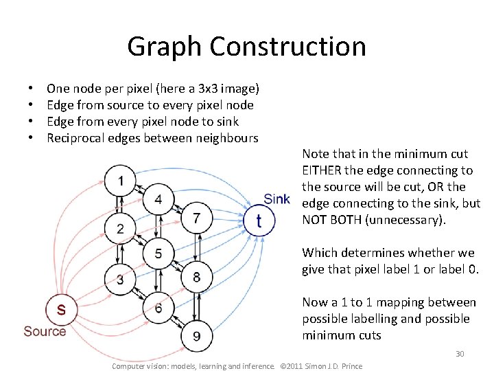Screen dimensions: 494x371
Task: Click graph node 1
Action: coord(121,181)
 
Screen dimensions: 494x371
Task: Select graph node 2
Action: coord(121,228)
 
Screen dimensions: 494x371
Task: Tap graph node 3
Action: coord(121,279)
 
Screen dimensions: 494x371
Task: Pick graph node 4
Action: coord(158,199)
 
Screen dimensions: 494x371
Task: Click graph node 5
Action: coord(158,253)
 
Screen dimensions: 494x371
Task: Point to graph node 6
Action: coord(158,308)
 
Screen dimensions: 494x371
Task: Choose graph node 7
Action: coord(197,218)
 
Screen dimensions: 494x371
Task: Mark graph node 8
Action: coord(197,277)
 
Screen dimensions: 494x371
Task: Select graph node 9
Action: coord(197,336)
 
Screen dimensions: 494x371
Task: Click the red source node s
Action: coord(61,309)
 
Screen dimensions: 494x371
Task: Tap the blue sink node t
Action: coord(259,221)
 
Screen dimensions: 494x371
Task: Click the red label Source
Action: coord(45,332)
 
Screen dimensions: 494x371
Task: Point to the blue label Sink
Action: coord(277,199)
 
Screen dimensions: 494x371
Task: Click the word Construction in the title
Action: coord(287,47)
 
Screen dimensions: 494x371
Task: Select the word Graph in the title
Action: coord(165,47)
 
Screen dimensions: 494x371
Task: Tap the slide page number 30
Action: coord(460,354)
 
